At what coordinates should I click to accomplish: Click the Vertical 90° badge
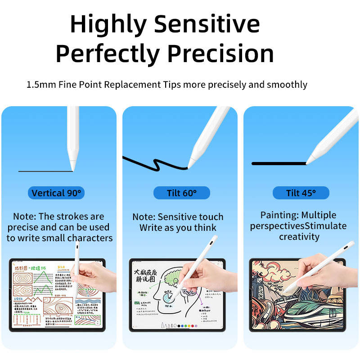[57, 193]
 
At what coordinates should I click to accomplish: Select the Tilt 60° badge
[182, 193]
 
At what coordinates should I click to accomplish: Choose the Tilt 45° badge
[301, 193]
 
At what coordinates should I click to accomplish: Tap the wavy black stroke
[153, 164]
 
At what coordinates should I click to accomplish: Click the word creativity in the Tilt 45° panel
[299, 237]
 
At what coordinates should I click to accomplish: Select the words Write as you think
[178, 228]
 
